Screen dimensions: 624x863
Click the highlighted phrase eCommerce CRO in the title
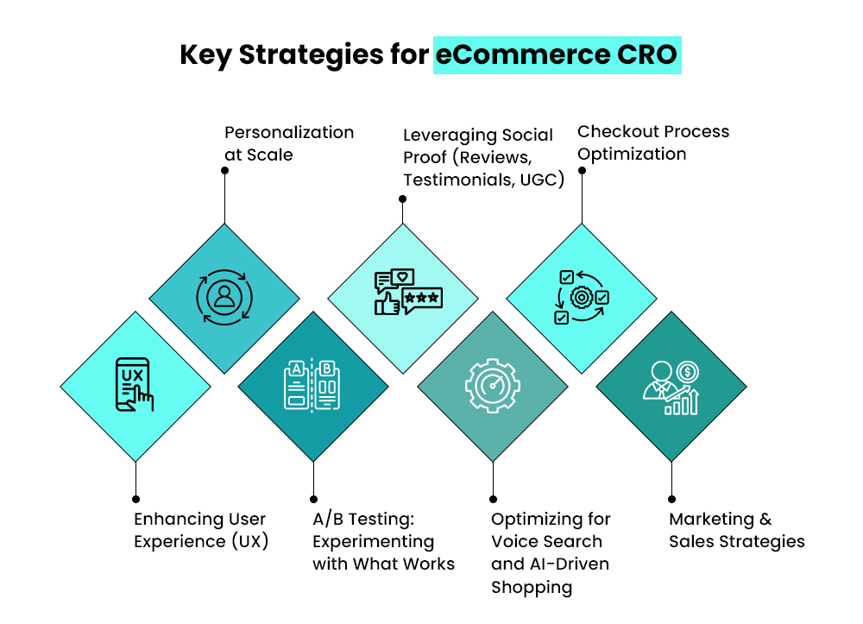click(x=557, y=54)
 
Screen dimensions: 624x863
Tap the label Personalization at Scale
click(x=288, y=143)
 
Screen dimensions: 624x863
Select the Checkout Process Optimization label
click(x=652, y=142)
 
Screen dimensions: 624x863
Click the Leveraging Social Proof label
click(x=482, y=157)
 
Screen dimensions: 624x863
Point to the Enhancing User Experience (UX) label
click(x=200, y=530)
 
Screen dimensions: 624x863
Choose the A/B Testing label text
click(x=383, y=541)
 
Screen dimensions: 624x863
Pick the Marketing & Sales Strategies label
click(x=736, y=530)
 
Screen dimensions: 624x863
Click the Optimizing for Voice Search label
click(x=551, y=552)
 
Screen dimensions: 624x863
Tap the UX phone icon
click(x=135, y=385)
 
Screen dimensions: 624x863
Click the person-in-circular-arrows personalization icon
click(x=224, y=298)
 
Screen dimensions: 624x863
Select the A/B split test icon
click(x=312, y=385)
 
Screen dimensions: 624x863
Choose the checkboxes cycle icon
click(x=581, y=298)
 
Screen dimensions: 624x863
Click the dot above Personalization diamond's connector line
click(x=224, y=171)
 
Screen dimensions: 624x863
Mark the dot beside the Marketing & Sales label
click(x=671, y=499)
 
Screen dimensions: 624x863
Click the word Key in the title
click(x=205, y=54)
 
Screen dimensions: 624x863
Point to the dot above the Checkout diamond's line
click(x=582, y=171)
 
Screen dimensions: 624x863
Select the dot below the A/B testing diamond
click(x=313, y=499)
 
